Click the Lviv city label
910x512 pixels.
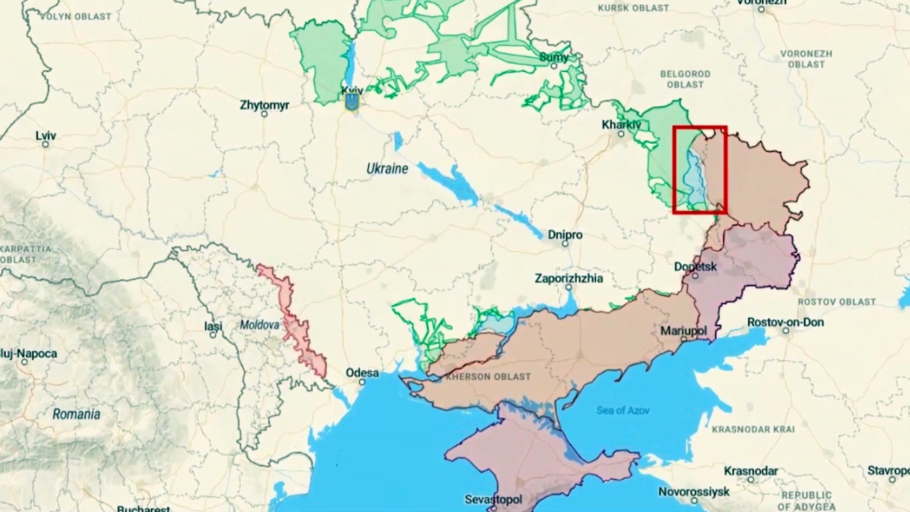(46, 136)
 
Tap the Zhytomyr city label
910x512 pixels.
(264, 105)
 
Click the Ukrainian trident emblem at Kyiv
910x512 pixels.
(352, 102)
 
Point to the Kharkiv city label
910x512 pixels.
(621, 125)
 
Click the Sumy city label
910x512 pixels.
(554, 57)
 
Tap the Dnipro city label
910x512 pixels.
(565, 235)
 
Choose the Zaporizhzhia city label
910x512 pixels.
(569, 278)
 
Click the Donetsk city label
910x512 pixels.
(695, 266)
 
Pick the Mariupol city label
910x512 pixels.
(683, 331)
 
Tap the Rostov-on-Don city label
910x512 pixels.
(785, 322)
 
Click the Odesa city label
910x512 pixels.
(362, 373)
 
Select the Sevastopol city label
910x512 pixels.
(493, 499)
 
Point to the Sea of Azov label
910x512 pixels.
(622, 410)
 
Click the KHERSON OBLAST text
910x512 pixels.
(488, 377)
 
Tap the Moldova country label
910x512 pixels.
(259, 325)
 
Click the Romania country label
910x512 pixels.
(76, 414)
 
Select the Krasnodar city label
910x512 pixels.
(751, 471)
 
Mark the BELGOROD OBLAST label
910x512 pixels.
(685, 79)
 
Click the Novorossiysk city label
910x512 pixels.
(693, 492)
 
